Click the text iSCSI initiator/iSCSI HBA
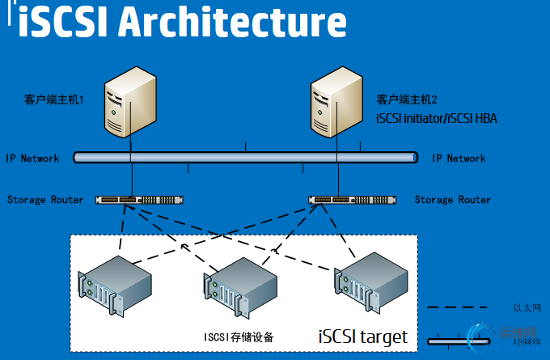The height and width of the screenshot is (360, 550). tap(437, 118)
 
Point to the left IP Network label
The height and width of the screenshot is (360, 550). tap(32, 159)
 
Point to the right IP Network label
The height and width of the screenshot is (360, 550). tap(459, 159)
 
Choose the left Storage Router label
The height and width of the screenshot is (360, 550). tap(45, 199)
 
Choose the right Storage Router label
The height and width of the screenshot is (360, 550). tap(453, 199)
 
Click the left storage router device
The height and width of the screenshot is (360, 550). tap(139, 199)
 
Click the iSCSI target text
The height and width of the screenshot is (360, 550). tap(363, 336)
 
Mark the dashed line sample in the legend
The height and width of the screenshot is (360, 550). tap(456, 308)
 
